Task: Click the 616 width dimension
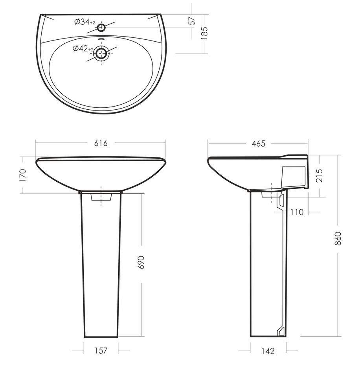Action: [101, 143]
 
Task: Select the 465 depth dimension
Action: [259, 144]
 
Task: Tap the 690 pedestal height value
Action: [141, 262]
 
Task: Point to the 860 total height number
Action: [338, 239]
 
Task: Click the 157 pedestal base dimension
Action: [101, 351]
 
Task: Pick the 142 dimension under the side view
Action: [268, 351]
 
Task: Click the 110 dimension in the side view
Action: [297, 212]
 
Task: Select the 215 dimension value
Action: [319, 176]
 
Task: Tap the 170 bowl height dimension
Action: [23, 175]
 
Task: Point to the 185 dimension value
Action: [204, 33]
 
